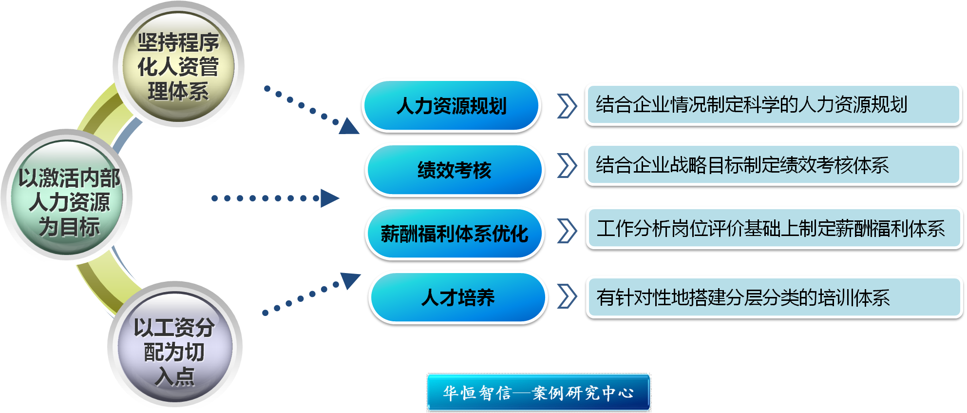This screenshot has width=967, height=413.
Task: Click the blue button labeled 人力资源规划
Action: (451, 106)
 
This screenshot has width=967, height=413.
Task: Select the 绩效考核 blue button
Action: (454, 170)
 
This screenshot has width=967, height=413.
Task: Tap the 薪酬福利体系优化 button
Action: (454, 234)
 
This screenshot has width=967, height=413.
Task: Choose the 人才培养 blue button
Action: (457, 297)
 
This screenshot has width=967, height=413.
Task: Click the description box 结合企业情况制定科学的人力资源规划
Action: (773, 104)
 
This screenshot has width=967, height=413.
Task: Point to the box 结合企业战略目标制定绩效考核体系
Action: (773, 165)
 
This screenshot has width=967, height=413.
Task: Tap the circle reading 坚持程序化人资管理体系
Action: (178, 67)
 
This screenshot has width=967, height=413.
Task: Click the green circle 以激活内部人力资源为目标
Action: (68, 198)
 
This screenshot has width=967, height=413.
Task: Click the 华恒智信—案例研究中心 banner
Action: (538, 393)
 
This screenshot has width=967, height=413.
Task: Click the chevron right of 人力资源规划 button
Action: (567, 106)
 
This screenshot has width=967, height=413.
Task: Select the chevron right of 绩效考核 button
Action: (567, 166)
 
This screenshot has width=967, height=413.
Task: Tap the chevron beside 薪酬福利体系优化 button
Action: (567, 231)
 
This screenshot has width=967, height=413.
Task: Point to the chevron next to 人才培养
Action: (567, 296)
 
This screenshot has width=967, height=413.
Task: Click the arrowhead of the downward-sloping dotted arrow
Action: (349, 126)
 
